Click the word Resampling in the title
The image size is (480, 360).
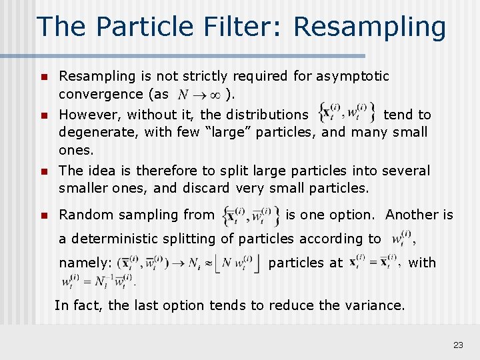pos(369,27)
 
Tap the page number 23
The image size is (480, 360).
pos(458,345)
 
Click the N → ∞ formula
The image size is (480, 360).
pos(200,94)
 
